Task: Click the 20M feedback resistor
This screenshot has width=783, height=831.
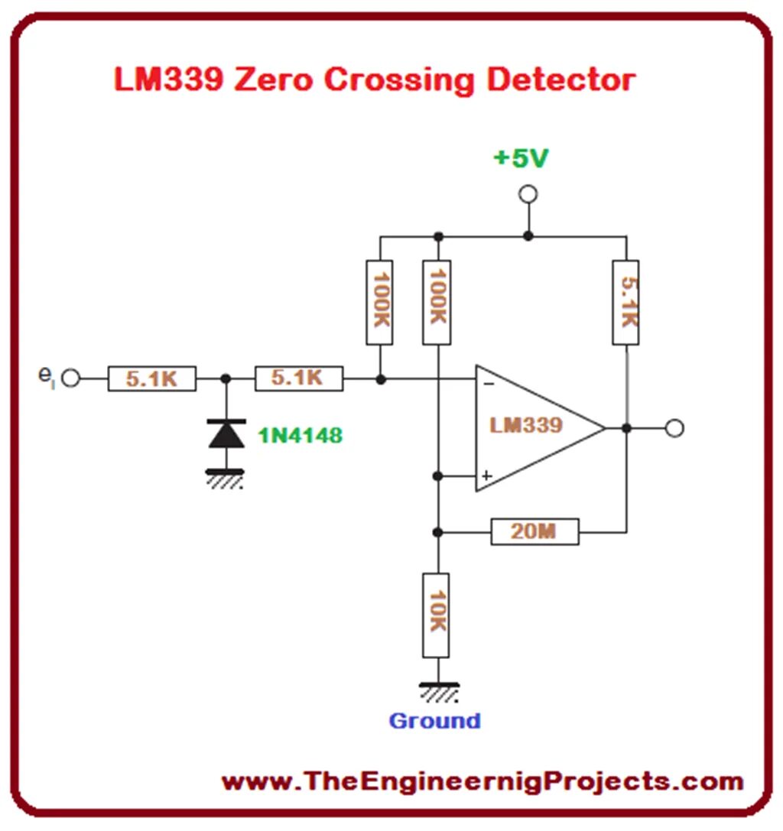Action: point(534,531)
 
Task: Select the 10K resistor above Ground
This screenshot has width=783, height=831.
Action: point(437,615)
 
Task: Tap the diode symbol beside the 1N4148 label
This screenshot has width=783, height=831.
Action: point(226,434)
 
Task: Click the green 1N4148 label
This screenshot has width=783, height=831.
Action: point(300,436)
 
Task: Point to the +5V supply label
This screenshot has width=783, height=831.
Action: point(521,158)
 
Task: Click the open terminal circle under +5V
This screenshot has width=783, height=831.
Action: point(528,195)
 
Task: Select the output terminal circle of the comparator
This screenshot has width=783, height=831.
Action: point(674,428)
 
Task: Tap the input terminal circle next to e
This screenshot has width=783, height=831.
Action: point(70,378)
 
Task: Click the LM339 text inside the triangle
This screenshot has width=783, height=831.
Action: point(526,425)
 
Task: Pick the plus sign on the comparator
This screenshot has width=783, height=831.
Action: point(486,476)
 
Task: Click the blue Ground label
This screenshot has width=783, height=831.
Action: point(434,720)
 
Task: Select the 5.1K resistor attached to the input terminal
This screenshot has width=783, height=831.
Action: point(151,378)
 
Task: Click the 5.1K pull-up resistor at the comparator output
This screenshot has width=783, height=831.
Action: point(626,302)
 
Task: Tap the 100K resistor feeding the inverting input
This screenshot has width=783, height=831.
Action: point(380,302)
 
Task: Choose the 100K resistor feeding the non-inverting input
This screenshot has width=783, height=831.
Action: point(437,302)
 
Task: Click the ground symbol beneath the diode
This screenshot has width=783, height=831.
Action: point(225,478)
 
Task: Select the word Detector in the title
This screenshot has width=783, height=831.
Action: point(560,80)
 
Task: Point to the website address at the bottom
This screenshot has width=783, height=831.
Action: point(482,781)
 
